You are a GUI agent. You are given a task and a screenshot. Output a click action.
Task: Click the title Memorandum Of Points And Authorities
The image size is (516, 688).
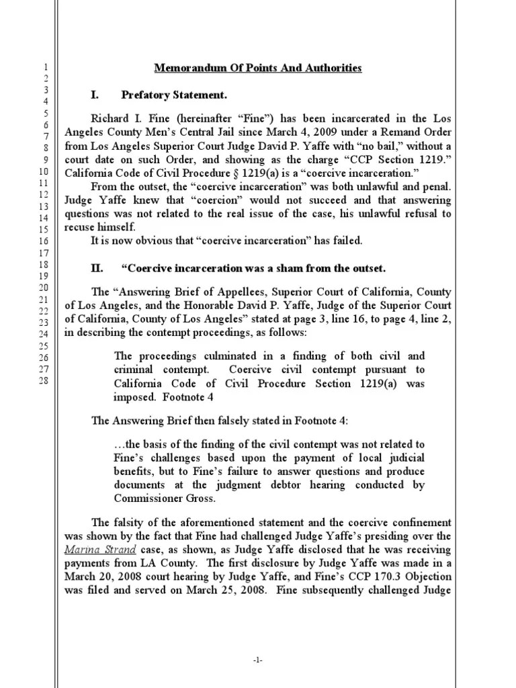259,68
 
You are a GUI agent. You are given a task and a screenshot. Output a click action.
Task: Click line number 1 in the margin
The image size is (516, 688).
44,68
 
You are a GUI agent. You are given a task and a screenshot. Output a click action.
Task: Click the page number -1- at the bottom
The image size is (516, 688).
258,661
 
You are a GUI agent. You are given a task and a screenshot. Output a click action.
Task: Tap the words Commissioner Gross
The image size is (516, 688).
157,498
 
